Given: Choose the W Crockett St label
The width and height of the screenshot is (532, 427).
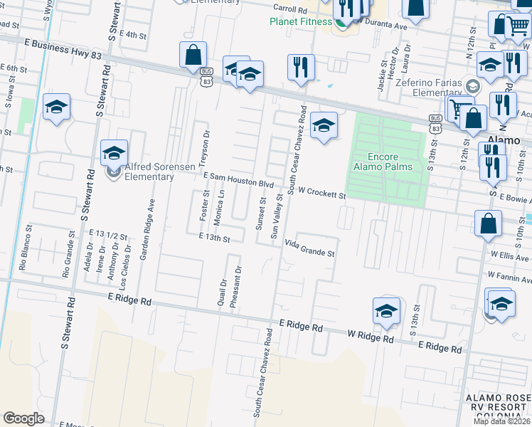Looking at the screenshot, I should pos(321,192).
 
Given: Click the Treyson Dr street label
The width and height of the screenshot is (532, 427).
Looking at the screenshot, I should pos(207,146).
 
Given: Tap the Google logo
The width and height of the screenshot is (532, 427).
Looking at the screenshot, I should pos(23,418).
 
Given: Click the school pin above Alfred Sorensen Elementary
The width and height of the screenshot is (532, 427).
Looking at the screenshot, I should pos(114,152).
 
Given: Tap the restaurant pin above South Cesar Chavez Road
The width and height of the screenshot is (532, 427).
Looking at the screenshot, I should pos(301,68).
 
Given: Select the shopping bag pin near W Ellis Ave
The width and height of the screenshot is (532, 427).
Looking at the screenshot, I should pos(489,223).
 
